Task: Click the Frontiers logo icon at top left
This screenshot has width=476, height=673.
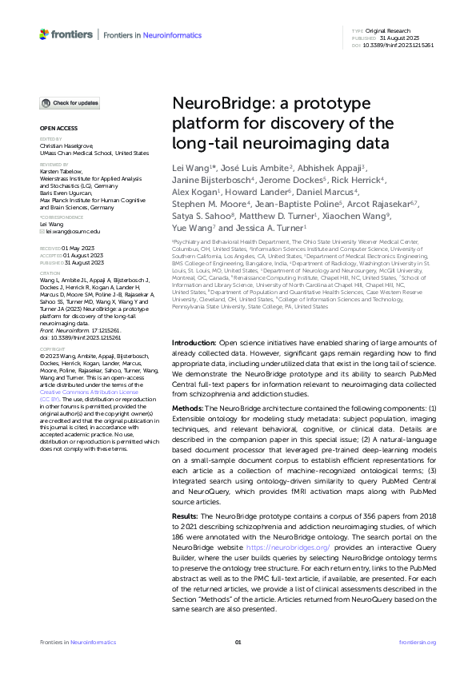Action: (44, 34)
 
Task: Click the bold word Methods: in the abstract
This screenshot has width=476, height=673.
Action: (190, 408)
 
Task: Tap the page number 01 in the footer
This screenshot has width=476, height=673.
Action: (238, 643)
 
